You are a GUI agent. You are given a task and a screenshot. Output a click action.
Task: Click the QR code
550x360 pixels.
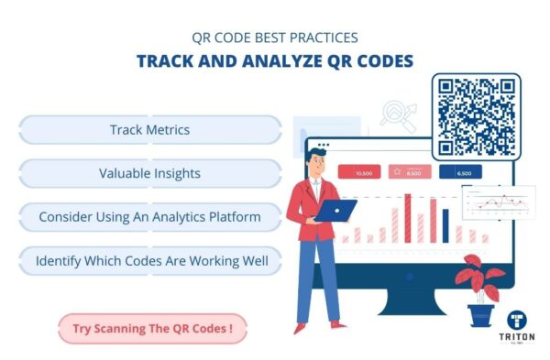(476, 116)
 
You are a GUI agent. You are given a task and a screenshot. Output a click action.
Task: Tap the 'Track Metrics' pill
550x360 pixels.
(149, 130)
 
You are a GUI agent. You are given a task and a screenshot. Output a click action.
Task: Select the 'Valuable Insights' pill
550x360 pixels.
(149, 173)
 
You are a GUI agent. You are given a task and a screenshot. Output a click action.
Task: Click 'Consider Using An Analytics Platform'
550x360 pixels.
(149, 217)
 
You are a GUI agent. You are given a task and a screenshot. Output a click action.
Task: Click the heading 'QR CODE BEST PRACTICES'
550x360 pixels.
(275, 38)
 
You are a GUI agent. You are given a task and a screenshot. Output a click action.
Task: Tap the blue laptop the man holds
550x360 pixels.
(336, 211)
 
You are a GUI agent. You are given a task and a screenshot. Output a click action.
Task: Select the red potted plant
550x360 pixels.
(480, 278)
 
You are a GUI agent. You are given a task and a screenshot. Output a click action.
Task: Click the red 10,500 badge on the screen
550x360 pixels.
(363, 172)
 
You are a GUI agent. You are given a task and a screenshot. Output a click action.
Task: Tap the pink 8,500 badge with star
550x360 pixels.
(412, 172)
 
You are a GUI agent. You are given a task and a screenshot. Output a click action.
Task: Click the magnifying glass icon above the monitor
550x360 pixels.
(400, 114)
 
